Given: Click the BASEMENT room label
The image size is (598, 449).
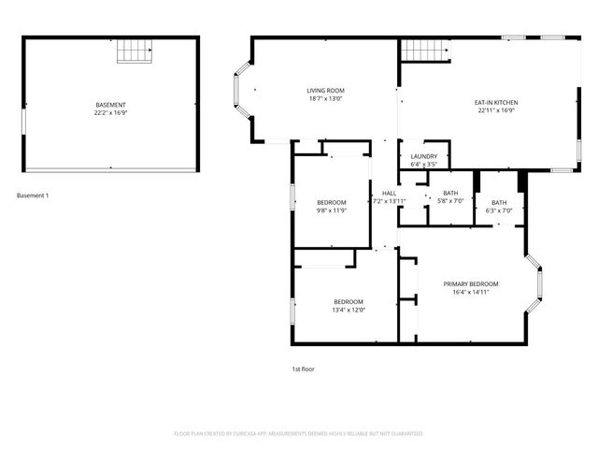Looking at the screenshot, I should (110, 104).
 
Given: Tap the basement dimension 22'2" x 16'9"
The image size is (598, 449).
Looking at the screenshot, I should (110, 112).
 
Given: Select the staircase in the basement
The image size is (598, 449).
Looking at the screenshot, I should (133, 51).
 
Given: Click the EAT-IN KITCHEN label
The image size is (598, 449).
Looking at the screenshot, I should (496, 102).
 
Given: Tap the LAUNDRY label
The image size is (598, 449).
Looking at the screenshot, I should (424, 156).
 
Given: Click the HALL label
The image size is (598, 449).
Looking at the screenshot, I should (389, 193).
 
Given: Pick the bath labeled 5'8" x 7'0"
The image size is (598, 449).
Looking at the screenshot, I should (450, 193).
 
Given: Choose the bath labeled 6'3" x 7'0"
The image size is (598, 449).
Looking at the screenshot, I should (499, 202).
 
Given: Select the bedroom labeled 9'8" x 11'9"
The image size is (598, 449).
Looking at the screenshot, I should (331, 202).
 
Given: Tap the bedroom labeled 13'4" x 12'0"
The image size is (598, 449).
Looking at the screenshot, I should (349, 300).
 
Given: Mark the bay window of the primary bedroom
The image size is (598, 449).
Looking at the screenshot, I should (536, 283).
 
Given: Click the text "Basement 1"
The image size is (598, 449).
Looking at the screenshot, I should (34, 196).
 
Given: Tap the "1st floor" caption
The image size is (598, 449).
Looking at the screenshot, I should (303, 369).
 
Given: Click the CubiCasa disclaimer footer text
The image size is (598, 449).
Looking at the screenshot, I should (299, 434).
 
